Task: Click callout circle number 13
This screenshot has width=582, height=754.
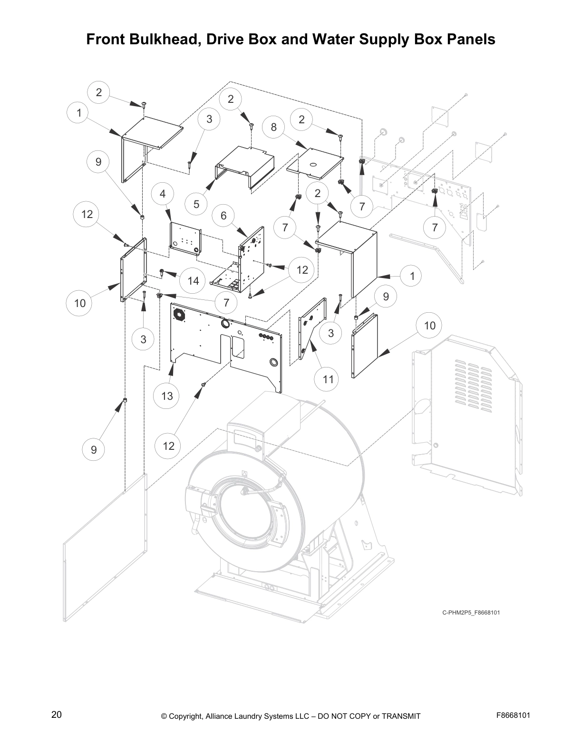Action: pyautogui.click(x=167, y=396)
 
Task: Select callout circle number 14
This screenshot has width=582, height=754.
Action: pyautogui.click(x=193, y=281)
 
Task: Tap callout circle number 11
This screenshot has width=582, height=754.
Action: pyautogui.click(x=328, y=379)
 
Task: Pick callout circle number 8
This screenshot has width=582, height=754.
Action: pyautogui.click(x=273, y=127)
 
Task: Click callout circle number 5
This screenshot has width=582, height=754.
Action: pyautogui.click(x=196, y=204)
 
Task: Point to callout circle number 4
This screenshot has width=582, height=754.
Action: pyautogui.click(x=223, y=216)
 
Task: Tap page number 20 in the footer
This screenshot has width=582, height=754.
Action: pyautogui.click(x=56, y=714)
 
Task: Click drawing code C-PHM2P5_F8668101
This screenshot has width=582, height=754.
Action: pyautogui.click(x=471, y=613)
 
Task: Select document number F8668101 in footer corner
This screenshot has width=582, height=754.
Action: pyautogui.click(x=513, y=715)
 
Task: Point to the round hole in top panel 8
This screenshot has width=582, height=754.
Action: pyautogui.click(x=314, y=165)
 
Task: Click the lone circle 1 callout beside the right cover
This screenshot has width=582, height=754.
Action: pyautogui.click(x=412, y=276)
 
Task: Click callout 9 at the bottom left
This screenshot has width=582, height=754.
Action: pyautogui.click(x=94, y=449)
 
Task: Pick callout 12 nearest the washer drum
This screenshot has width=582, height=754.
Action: pyautogui.click(x=168, y=446)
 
